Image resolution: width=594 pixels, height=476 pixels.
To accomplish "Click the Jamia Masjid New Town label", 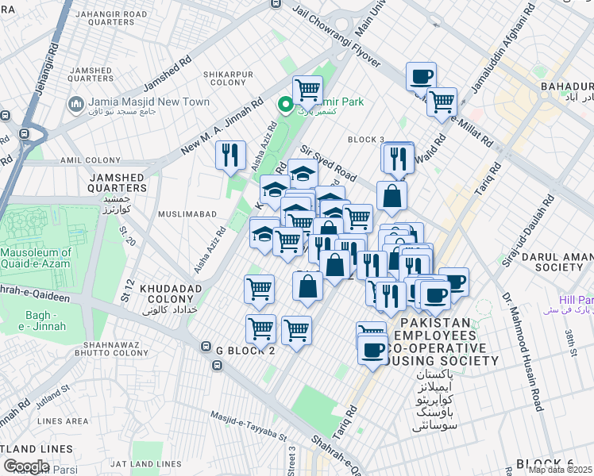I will [148, 102].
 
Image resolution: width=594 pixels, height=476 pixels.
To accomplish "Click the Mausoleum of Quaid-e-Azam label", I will [36, 259].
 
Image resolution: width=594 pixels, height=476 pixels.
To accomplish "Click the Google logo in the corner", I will [26, 466].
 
